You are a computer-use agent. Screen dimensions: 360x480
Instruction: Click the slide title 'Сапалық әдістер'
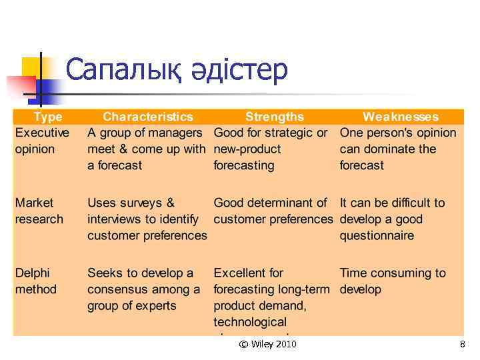click(177, 70)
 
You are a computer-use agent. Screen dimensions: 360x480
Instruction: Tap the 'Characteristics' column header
click(147, 117)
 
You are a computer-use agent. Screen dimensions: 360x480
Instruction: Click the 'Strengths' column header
click(274, 117)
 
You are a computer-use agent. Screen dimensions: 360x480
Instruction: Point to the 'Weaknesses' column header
click(400, 117)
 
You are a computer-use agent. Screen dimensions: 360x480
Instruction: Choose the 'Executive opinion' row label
click(41, 141)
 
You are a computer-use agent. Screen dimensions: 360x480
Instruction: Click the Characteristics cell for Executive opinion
click(146, 149)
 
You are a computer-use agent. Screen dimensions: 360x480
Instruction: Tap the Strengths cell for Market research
click(273, 211)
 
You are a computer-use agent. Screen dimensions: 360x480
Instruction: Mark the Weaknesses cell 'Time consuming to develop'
click(392, 281)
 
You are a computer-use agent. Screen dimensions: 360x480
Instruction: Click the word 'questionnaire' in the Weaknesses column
click(377, 235)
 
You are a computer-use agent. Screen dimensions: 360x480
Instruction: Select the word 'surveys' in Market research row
click(139, 203)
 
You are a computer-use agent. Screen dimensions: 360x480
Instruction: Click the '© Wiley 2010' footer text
click(267, 344)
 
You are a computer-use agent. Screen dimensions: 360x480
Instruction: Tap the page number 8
click(461, 344)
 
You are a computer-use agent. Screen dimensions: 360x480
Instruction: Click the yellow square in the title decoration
click(31, 68)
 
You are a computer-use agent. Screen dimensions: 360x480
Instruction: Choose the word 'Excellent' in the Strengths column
click(239, 273)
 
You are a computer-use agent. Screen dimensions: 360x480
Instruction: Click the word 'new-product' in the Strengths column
click(247, 149)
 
